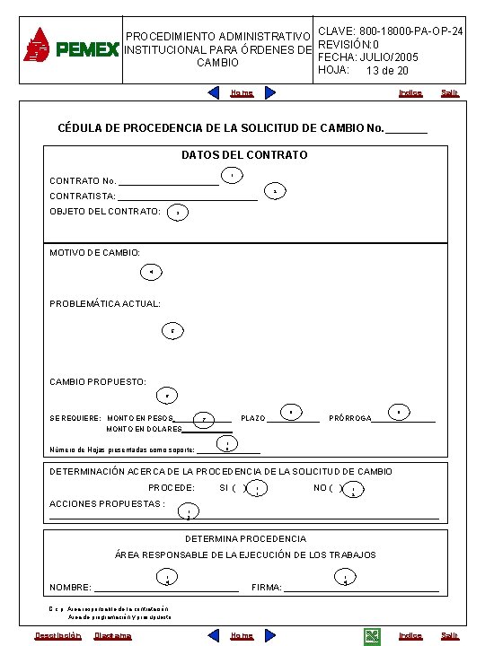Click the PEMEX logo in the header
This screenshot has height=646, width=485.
pos(71,47)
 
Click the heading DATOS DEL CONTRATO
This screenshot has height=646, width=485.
pos(244,155)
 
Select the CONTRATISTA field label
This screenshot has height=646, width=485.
pos(82,196)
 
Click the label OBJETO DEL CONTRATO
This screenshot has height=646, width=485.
pos(104,212)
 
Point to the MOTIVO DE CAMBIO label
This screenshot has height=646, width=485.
pos(94,253)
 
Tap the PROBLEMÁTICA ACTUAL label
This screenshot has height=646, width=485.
pos(104,304)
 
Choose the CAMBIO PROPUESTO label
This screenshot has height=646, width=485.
pos(97,382)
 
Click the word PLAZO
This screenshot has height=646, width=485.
pos(253,418)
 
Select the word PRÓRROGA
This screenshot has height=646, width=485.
pos(350,418)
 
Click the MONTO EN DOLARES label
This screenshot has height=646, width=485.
pos(144,430)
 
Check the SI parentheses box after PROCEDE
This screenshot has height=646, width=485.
pos(239,488)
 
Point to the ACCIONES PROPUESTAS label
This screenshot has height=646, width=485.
pos(106,503)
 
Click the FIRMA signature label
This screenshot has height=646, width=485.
pos(267,588)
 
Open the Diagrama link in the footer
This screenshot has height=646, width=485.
pos(112,636)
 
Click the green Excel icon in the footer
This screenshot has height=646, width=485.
pos(371,636)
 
